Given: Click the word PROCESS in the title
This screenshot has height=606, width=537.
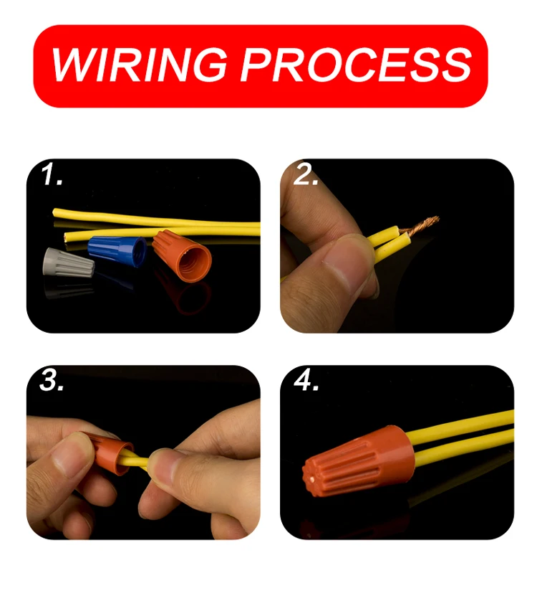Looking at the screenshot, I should click(x=355, y=65).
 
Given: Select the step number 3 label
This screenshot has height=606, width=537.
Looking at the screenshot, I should click(x=52, y=381).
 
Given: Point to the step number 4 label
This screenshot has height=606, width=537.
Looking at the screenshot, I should click(x=306, y=381).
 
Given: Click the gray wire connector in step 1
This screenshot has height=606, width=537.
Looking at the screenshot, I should click(x=69, y=266).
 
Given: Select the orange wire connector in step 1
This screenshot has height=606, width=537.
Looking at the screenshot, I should click(x=184, y=257).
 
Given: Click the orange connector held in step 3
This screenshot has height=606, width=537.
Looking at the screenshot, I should click(x=108, y=453).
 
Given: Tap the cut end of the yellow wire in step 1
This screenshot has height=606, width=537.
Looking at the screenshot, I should click(x=67, y=235).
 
